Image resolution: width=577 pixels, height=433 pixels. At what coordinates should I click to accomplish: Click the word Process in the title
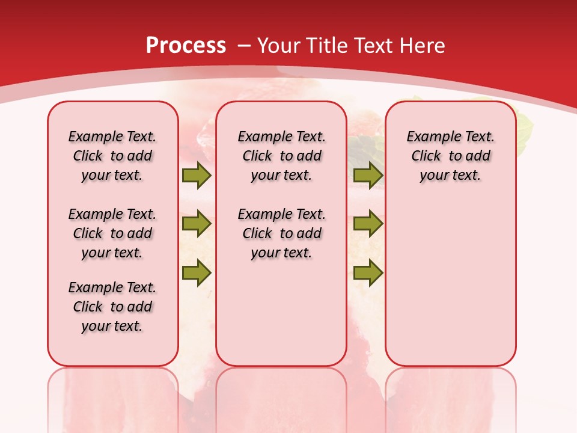point(186,46)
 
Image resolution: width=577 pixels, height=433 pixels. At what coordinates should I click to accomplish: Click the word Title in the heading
point(328,46)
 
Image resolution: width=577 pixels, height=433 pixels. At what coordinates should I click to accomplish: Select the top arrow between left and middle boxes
point(197,176)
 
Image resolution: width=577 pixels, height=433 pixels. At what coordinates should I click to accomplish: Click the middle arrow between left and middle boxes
point(197,224)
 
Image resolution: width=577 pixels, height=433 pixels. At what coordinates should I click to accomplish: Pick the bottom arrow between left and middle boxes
point(197,272)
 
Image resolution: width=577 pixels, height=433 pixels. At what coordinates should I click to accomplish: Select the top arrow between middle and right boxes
point(368,176)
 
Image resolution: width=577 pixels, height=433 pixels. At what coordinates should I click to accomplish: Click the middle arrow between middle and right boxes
point(368,224)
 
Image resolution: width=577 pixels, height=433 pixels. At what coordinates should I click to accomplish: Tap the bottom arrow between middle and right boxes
point(368,272)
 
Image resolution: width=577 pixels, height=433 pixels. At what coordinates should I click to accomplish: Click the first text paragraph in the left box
point(112,156)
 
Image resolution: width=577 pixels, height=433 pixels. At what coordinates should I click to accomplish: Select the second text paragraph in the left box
point(112,233)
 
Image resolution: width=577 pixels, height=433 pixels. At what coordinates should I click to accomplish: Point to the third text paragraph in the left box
point(112,307)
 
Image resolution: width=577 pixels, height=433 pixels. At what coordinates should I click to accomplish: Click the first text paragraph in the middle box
point(281,156)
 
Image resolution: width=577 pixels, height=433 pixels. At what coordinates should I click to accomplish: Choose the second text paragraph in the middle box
point(281,233)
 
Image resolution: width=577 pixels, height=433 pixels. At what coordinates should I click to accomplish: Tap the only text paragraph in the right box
point(450,156)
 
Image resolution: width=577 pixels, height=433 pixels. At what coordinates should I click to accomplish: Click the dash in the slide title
point(243,46)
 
